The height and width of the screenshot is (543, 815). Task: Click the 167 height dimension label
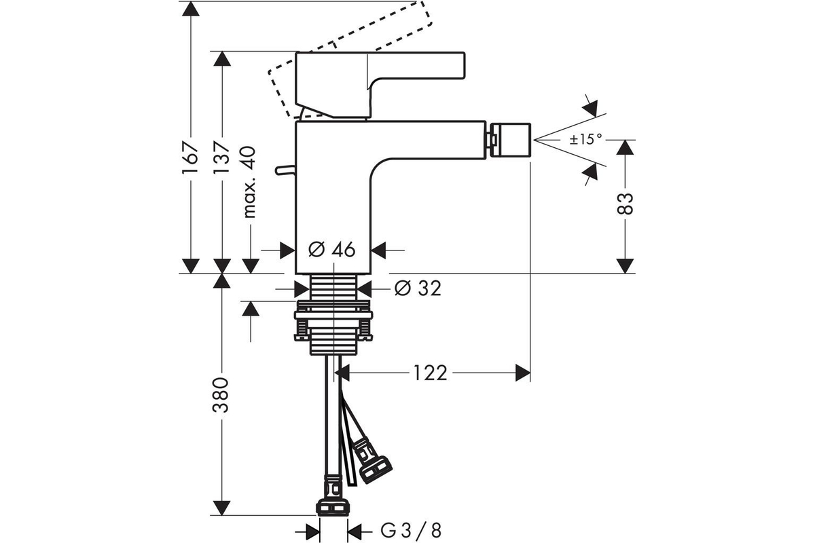click(x=191, y=157)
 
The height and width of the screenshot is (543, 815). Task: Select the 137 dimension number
click(x=221, y=157)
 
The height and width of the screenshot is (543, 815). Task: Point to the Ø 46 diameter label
click(x=332, y=250)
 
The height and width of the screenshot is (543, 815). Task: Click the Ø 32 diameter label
click(x=418, y=288)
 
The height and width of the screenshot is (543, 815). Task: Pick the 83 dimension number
click(x=625, y=204)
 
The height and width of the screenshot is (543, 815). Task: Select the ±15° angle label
click(x=585, y=139)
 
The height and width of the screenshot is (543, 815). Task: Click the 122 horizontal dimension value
click(x=431, y=373)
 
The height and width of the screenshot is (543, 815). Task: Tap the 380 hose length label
click(x=221, y=395)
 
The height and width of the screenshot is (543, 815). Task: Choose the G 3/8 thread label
click(x=411, y=531)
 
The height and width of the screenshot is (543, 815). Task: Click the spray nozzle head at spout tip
click(x=510, y=141)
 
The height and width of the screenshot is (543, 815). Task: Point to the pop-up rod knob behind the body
click(x=285, y=170)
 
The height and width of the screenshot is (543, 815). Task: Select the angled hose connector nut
click(x=376, y=470)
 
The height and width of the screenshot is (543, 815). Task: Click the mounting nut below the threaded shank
click(x=333, y=320)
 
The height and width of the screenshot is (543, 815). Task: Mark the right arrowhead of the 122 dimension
click(x=523, y=373)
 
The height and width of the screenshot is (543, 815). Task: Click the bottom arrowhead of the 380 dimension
click(x=221, y=508)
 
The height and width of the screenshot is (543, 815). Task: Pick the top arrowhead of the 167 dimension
click(x=191, y=8)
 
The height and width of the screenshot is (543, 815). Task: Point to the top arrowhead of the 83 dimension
click(x=625, y=147)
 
